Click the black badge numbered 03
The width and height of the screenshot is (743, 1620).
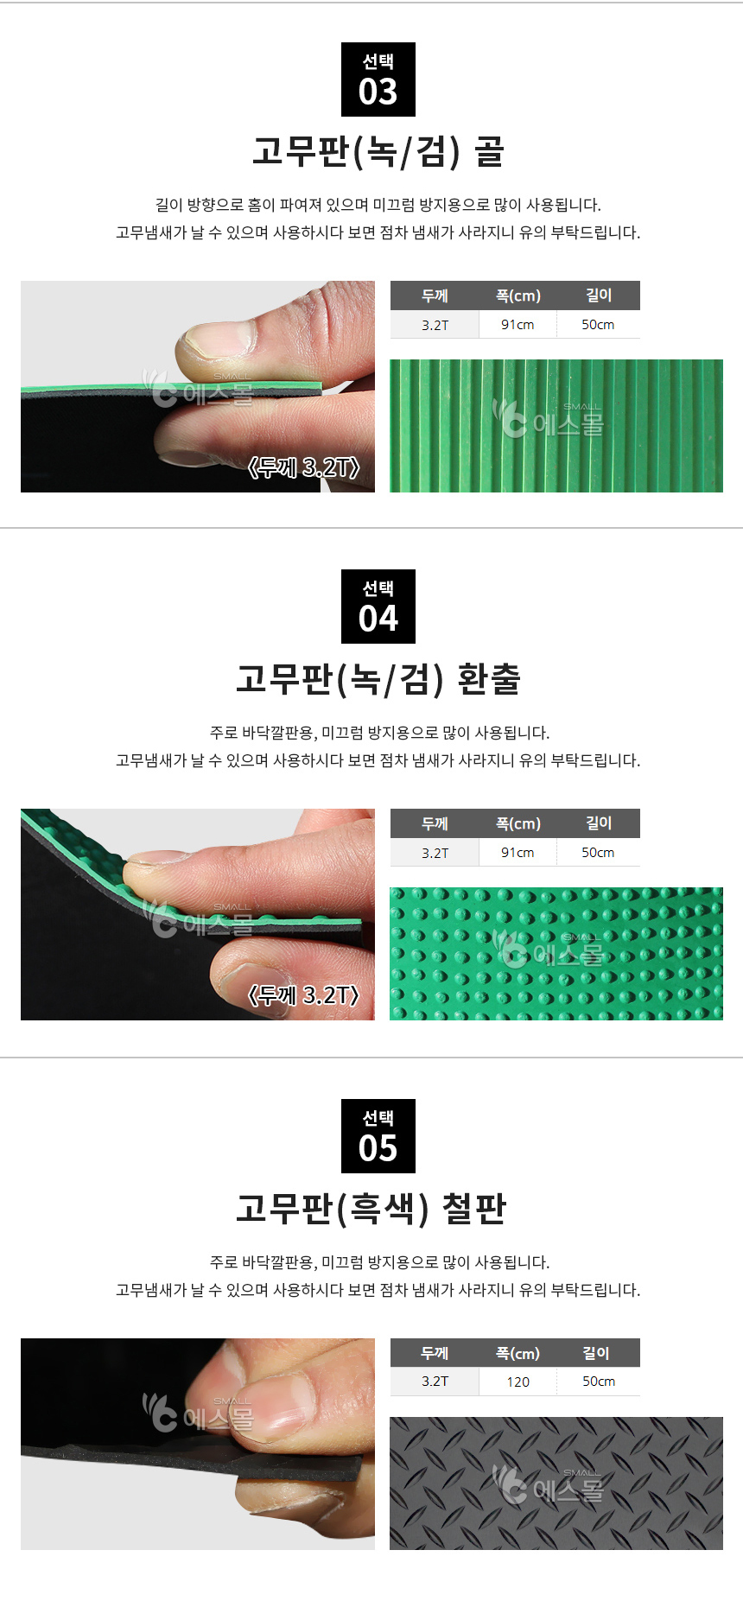pos(378,79)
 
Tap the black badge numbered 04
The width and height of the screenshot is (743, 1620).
pos(378,607)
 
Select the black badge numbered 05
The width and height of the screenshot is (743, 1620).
pos(378,1136)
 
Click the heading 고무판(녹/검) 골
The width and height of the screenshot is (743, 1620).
pos(378,152)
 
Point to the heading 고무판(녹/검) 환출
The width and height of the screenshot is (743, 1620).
pos(378,679)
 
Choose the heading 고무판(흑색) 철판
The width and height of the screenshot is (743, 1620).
pos(371,1209)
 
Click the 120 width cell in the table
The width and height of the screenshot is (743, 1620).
pos(518,1382)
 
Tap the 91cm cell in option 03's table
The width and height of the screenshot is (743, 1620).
pos(518,325)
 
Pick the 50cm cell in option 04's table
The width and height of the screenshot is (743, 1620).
pos(598,853)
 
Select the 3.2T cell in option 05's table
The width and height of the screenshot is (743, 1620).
pos(435,1382)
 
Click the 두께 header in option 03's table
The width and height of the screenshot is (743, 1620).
pos(435,295)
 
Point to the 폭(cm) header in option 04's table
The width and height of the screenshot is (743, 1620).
pos(518,823)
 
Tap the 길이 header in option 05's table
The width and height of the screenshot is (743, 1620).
pos(596,1353)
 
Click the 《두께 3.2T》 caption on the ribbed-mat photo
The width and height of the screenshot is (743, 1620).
pos(303,467)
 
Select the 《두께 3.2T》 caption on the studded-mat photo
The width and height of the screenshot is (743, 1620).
pos(303,995)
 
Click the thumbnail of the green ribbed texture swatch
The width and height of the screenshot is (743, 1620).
pos(556,426)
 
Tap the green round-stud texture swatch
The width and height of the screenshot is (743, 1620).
pos(556,954)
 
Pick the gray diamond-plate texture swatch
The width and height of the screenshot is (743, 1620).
pos(556,1483)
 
